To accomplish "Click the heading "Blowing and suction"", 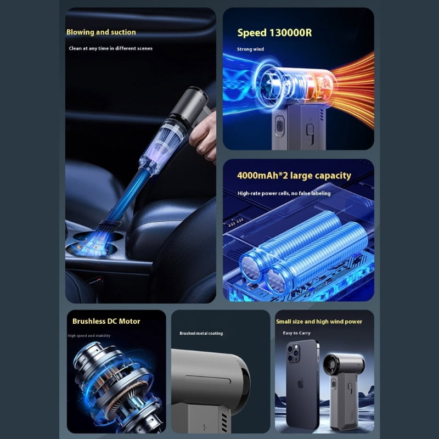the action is [x=101, y=32].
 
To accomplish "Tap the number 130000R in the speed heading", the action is [x=290, y=33].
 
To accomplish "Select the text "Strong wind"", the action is [x=250, y=49].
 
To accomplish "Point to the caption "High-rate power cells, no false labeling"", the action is [x=284, y=193].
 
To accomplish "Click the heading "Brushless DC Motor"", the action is [x=106, y=321].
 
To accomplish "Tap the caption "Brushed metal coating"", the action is [x=201, y=333].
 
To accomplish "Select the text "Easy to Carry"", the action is [x=296, y=333].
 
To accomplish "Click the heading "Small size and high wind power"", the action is [x=319, y=322].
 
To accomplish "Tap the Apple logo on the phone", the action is [x=301, y=384].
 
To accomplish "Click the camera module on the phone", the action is [x=293, y=353].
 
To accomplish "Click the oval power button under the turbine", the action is [x=279, y=126].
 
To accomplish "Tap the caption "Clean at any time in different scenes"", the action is [x=111, y=48].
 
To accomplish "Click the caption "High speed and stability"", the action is [x=89, y=335].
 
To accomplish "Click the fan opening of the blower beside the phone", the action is [x=331, y=364].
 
